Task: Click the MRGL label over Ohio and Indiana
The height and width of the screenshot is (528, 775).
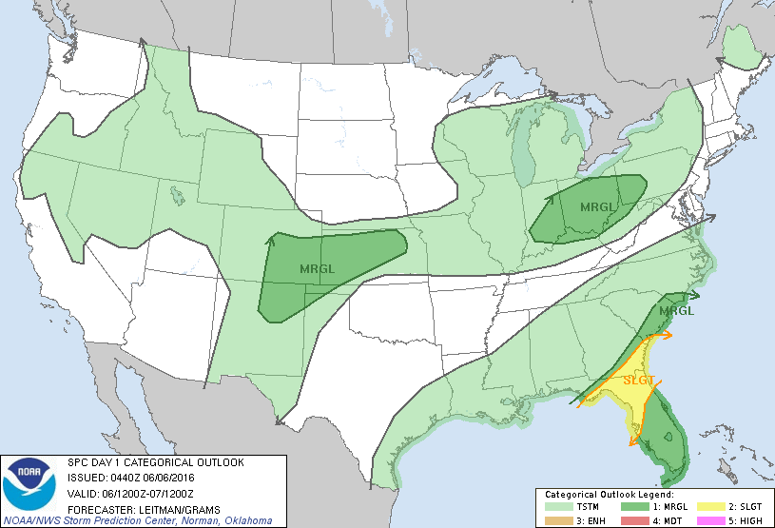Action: (x=598, y=206)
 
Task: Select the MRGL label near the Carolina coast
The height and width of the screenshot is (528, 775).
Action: (x=676, y=310)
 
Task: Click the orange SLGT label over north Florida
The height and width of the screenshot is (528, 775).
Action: (x=638, y=380)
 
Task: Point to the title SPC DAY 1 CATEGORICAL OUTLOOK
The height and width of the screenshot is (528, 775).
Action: (x=155, y=462)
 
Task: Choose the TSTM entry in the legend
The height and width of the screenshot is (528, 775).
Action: (x=570, y=506)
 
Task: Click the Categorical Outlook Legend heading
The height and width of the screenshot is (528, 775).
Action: (x=609, y=495)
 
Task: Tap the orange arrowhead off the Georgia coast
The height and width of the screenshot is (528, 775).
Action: (x=668, y=335)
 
